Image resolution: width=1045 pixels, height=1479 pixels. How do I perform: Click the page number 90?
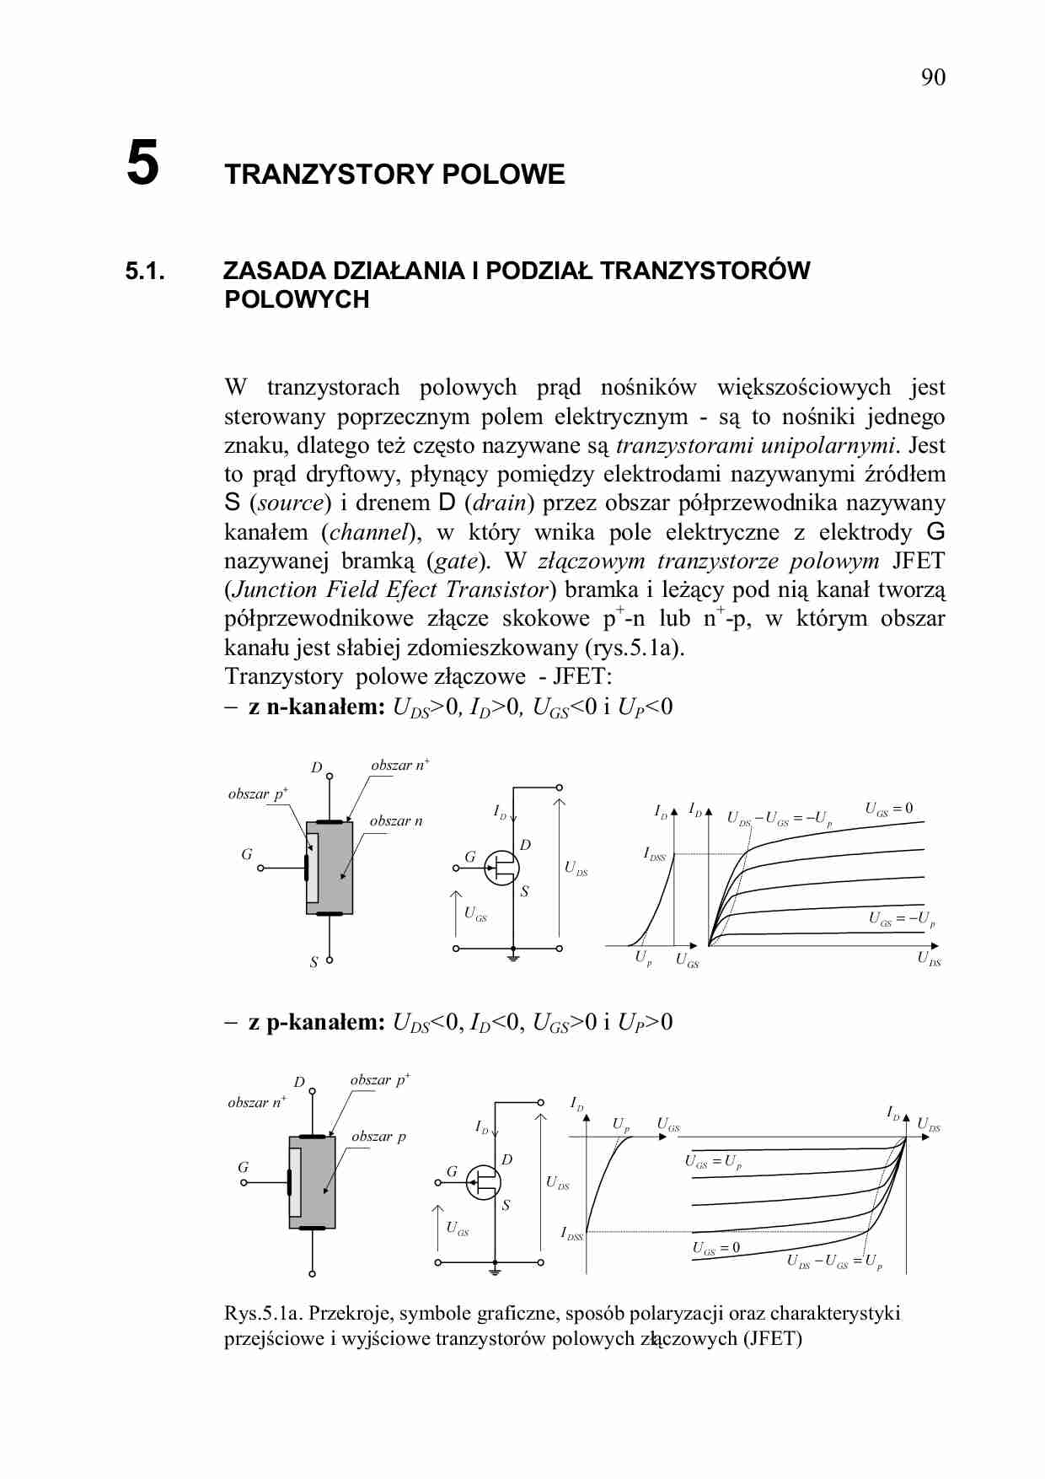[932, 78]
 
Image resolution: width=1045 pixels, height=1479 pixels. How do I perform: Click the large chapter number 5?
[142, 164]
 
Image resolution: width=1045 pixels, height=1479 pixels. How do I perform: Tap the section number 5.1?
[145, 272]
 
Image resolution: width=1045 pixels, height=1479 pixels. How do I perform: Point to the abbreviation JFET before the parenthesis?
[919, 561]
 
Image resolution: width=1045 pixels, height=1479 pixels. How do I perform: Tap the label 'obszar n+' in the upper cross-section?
[399, 766]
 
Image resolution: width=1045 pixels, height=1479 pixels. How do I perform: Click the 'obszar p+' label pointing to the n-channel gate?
[258, 794]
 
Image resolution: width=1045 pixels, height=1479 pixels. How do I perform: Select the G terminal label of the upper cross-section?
[246, 854]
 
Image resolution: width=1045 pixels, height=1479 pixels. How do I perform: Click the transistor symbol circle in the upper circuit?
[502, 868]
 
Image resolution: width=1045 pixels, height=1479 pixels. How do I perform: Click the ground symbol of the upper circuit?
[513, 958]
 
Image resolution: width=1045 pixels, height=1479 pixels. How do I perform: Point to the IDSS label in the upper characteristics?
[655, 854]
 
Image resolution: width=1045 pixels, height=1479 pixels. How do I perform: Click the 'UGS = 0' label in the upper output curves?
[888, 809]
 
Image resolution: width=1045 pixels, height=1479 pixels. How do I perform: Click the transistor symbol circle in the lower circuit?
[484, 1182]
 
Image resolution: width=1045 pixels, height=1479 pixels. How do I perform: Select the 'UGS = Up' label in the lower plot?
[713, 1162]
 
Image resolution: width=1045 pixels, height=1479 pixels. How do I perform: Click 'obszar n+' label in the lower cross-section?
[256, 1102]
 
